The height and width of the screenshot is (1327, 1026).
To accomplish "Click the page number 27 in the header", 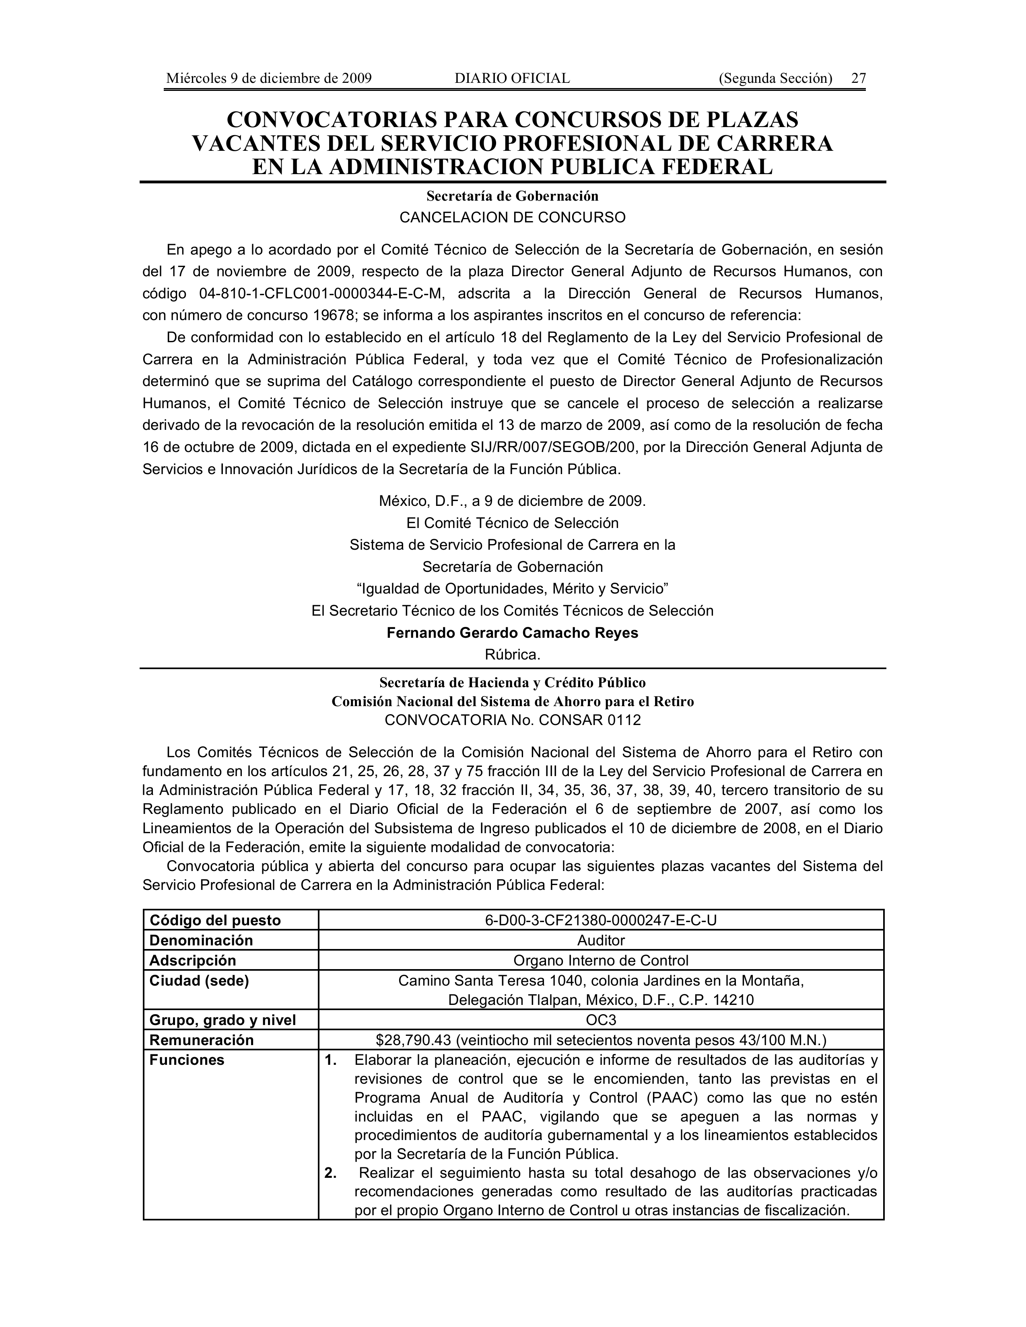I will [858, 78].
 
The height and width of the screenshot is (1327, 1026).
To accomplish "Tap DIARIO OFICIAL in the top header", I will [512, 78].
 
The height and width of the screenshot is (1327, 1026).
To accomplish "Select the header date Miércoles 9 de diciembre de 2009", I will [269, 78].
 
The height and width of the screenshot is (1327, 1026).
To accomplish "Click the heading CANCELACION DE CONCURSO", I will [512, 218].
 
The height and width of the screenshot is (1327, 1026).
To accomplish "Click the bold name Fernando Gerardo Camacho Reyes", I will [512, 633].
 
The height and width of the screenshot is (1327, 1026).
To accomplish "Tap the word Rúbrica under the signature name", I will [512, 655].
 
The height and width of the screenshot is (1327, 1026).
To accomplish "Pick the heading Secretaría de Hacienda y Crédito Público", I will [512, 683].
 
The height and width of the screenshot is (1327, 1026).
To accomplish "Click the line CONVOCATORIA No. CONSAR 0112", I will [512, 721].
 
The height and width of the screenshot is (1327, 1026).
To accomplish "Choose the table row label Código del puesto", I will [215, 920].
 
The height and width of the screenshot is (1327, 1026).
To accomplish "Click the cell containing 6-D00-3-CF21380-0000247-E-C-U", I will [601, 920].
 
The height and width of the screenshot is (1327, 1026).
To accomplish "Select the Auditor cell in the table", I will [601, 941].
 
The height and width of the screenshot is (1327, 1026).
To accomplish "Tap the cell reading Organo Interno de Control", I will [601, 961].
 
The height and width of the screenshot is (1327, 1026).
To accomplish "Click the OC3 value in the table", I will [601, 1020].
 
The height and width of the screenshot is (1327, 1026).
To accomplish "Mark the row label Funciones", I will [187, 1060].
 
